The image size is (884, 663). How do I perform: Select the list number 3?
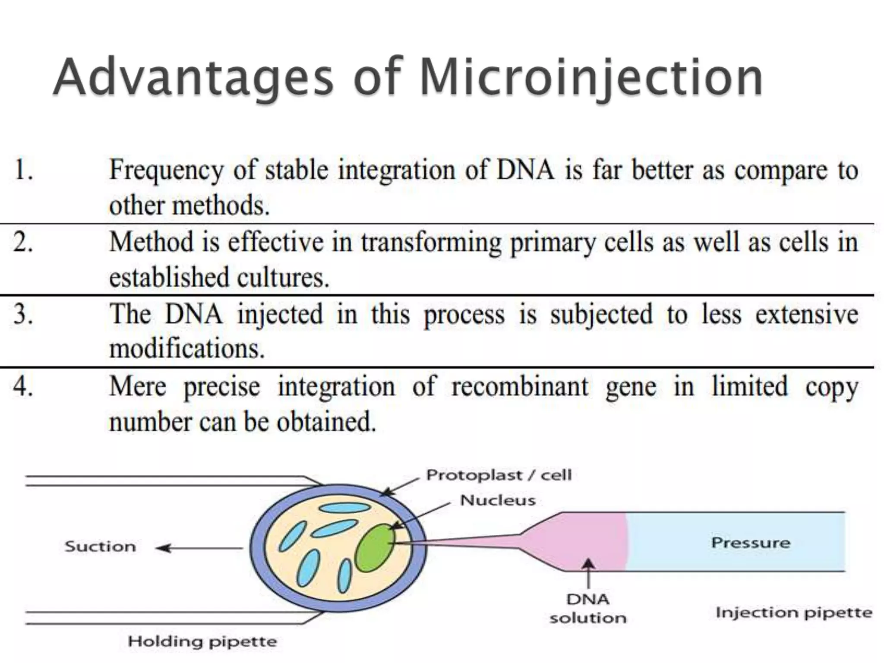[23, 314]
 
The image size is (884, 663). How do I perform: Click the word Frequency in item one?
[167, 170]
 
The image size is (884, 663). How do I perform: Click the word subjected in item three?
[601, 314]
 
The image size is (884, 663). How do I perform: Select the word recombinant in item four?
[520, 386]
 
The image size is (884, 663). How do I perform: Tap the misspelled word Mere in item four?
[137, 386]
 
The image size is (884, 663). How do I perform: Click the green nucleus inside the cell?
[375, 548]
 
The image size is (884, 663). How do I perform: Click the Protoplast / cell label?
[499, 475]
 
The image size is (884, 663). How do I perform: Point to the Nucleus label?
[498, 500]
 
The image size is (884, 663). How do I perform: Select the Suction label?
[100, 546]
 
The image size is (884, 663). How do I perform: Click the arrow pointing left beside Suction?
[199, 548]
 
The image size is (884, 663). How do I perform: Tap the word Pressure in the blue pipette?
[750, 543]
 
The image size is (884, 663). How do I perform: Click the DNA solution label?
[587, 609]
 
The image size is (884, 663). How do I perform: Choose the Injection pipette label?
[794, 612]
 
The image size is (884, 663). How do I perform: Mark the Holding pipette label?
[202, 641]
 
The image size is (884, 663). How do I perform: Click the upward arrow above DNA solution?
[588, 574]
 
